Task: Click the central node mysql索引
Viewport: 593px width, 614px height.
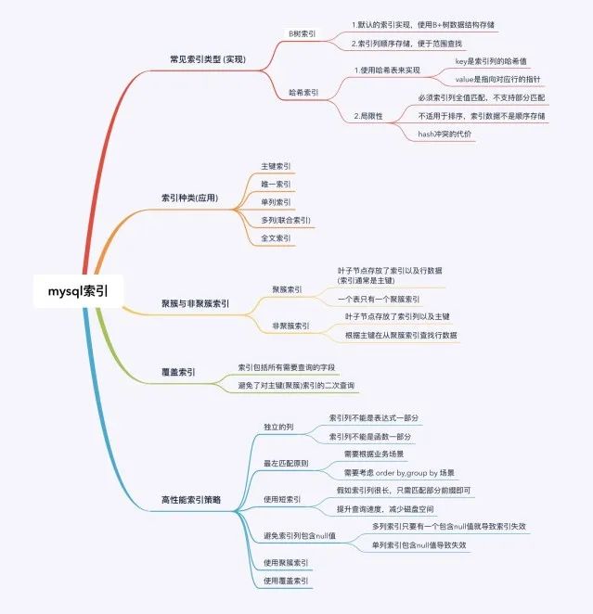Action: pyautogui.click(x=78, y=290)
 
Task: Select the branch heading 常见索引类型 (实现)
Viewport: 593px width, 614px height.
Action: pyautogui.click(x=202, y=59)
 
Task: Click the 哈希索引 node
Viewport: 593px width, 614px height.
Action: pyautogui.click(x=303, y=93)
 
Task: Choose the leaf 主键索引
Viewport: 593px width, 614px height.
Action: pyautogui.click(x=276, y=167)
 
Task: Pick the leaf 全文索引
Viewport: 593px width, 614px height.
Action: pyautogui.click(x=276, y=238)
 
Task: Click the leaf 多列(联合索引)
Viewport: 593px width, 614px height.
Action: pyautogui.click(x=286, y=221)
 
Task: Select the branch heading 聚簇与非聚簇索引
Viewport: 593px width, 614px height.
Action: pyautogui.click(x=195, y=303)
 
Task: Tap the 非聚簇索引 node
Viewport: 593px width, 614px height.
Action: pyautogui.click(x=290, y=326)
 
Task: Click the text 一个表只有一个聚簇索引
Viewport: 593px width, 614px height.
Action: pyautogui.click(x=379, y=299)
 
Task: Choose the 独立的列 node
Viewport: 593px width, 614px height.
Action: pyautogui.click(x=279, y=427)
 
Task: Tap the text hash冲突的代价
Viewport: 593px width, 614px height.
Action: pyautogui.click(x=445, y=134)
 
